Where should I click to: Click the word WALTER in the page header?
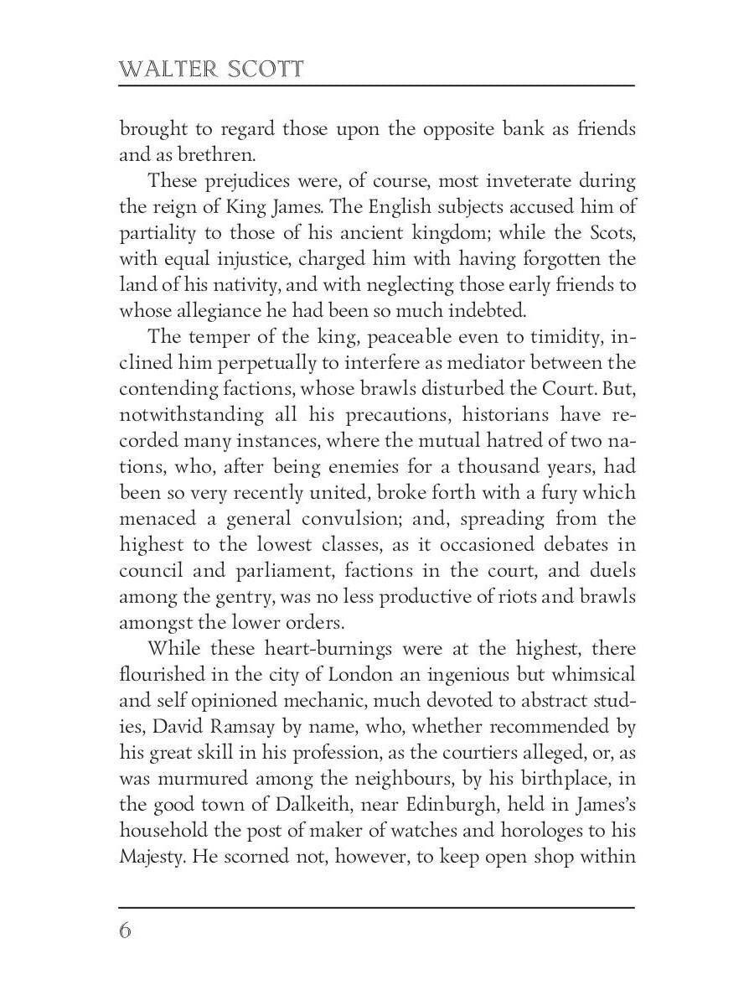[167, 69]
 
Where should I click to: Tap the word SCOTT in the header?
[266, 69]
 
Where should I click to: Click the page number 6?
[126, 931]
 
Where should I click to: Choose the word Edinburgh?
[431, 805]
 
